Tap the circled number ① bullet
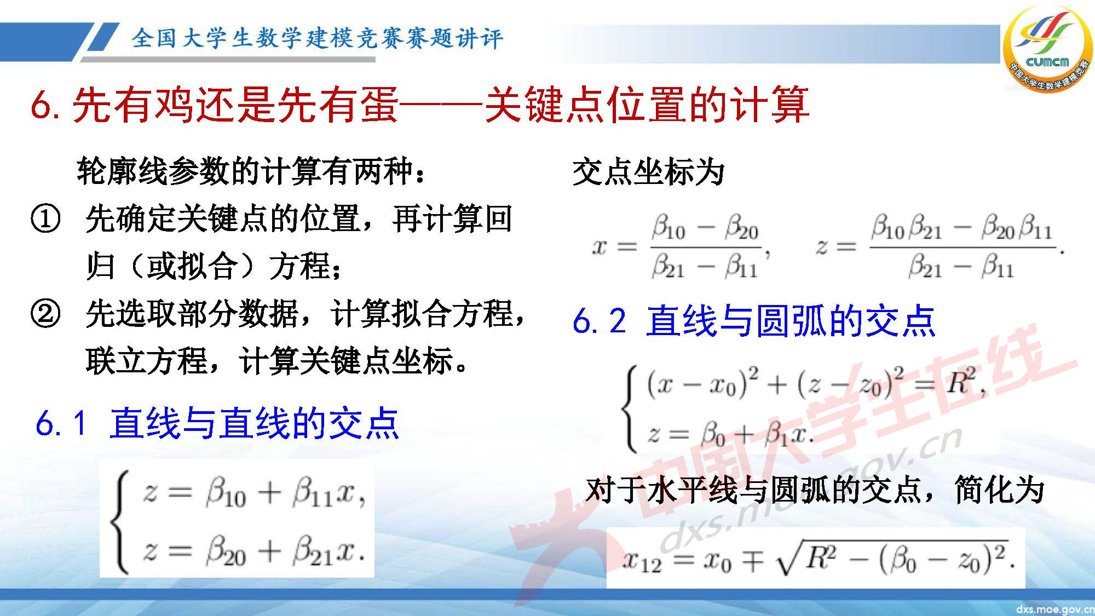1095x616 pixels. tap(45, 219)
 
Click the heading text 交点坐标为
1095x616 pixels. tap(648, 172)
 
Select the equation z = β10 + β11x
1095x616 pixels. tap(253, 493)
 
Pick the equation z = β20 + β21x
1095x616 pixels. tap(253, 551)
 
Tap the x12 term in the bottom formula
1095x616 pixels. tap(642, 561)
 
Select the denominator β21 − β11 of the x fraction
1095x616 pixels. tap(705, 268)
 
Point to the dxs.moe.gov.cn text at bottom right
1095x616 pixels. tap(1054, 609)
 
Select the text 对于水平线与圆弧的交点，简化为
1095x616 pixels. tap(815, 489)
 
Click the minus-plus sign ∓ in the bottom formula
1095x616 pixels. tap(753, 561)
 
